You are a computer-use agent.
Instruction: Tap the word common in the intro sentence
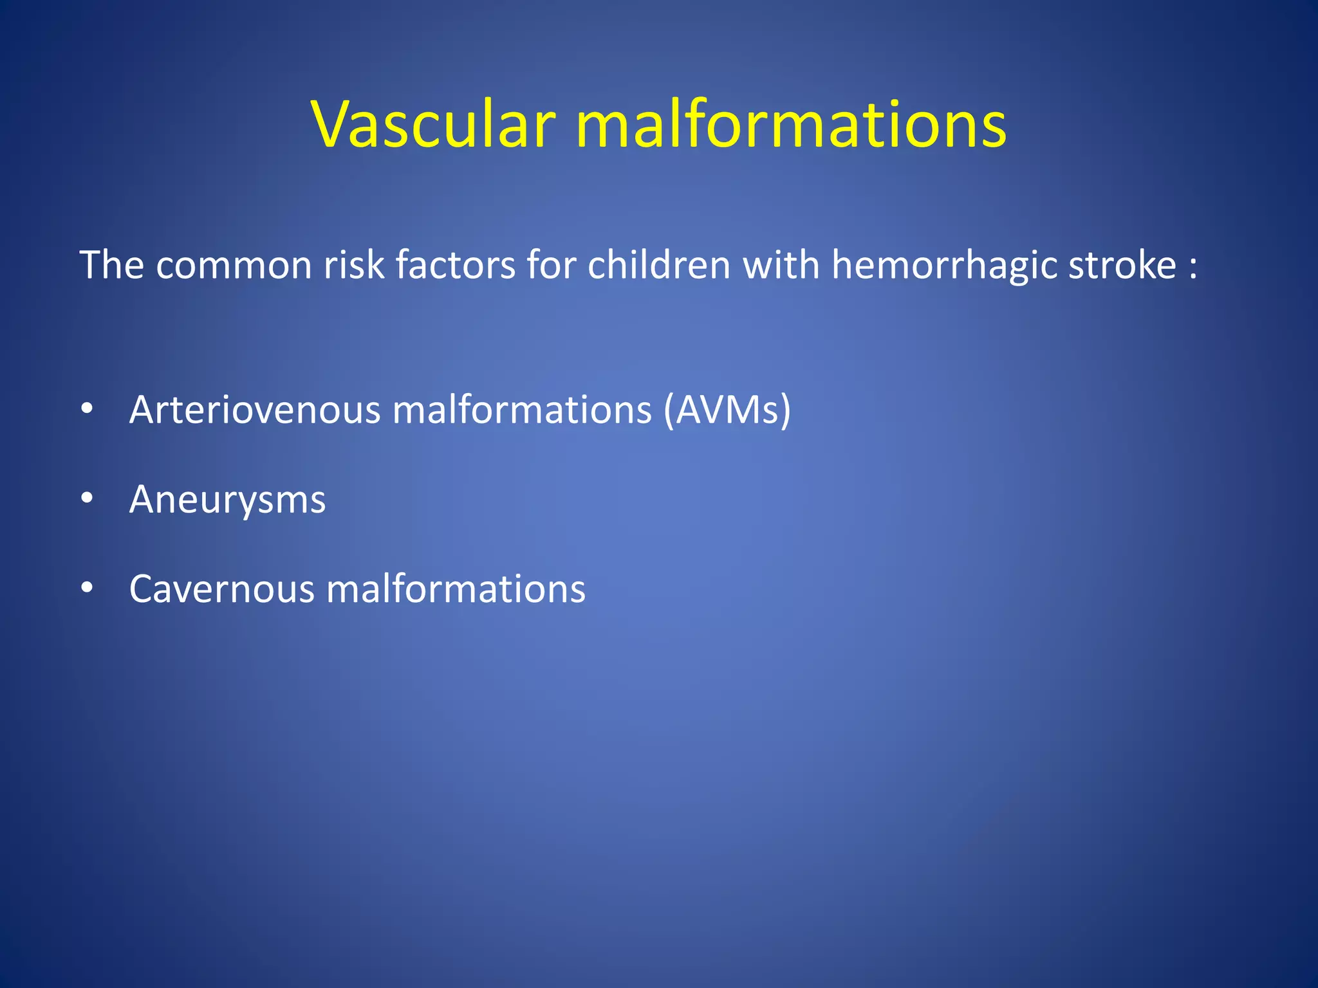[x=234, y=265]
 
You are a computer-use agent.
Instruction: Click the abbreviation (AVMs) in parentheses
[x=727, y=410]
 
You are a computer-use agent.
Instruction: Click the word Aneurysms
[x=227, y=500]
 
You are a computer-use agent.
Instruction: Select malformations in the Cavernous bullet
[x=456, y=589]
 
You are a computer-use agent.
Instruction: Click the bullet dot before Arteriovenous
[x=88, y=409]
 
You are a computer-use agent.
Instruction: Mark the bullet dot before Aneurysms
[x=88, y=499]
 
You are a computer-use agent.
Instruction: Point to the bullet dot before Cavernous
[x=88, y=588]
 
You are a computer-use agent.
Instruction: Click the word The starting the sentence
[x=111, y=265]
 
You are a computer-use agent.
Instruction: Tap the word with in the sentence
[x=781, y=265]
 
